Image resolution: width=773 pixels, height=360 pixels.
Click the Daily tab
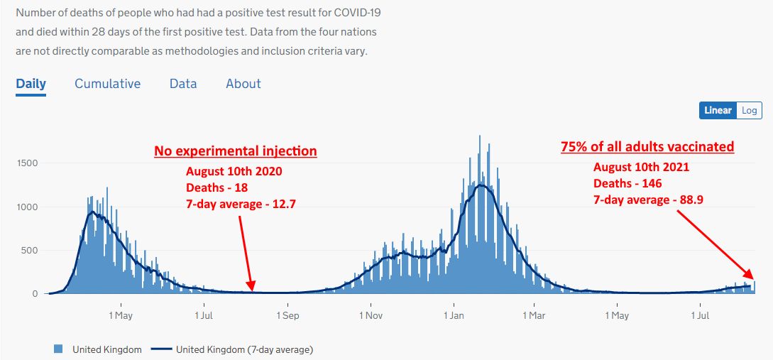(31, 84)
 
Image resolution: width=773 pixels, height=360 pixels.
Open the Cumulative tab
(107, 84)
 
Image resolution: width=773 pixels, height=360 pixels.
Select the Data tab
(183, 84)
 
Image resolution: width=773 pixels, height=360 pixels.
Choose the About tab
(243, 84)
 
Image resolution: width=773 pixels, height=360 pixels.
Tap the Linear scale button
(718, 111)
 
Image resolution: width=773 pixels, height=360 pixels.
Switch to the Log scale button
(749, 111)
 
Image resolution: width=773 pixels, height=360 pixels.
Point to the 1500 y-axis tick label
(28, 163)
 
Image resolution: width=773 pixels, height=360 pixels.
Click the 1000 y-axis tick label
(28, 207)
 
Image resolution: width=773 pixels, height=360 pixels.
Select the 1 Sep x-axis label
(287, 315)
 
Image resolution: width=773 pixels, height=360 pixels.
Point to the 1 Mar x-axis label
(534, 315)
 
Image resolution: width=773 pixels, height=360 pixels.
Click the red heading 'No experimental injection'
(236, 151)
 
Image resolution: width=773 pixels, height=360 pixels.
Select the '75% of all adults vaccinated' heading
(648, 147)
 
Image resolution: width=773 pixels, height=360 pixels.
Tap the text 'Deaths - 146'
(627, 183)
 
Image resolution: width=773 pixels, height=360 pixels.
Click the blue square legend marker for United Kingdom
(58, 349)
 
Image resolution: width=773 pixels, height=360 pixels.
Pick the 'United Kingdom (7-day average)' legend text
(244, 350)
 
